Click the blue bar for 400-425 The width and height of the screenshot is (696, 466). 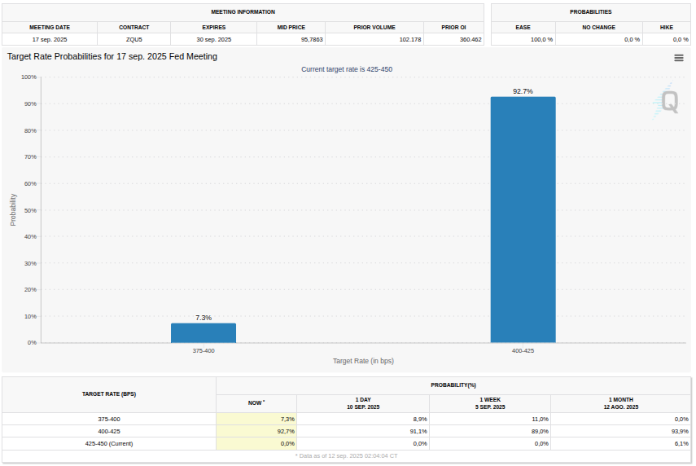coord(523,220)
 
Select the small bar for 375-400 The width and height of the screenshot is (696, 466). coord(204,333)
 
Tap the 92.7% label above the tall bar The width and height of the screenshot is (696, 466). coord(523,91)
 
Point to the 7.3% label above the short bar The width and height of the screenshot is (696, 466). coord(204,318)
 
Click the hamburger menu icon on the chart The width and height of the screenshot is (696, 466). coord(679,58)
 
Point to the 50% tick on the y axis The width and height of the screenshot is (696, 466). coord(29,210)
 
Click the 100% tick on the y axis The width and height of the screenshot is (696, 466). coord(28,77)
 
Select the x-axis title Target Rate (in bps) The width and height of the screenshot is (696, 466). coord(363,361)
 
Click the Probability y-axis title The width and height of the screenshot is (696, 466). coord(13,209)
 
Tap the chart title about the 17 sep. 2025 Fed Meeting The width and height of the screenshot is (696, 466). coord(112,57)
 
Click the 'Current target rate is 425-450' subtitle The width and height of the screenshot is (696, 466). coord(347,69)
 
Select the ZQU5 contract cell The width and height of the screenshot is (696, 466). coord(134,39)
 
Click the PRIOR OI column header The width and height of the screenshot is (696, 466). coord(453,27)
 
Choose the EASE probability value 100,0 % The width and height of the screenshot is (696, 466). coord(541,39)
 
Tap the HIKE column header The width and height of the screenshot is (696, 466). coord(667,27)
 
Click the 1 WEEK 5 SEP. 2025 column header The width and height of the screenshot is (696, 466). coord(490,403)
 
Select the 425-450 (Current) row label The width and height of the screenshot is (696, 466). coord(109,443)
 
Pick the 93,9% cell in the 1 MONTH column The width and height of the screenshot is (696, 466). coord(679,431)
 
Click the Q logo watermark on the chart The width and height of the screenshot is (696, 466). coord(668,103)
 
